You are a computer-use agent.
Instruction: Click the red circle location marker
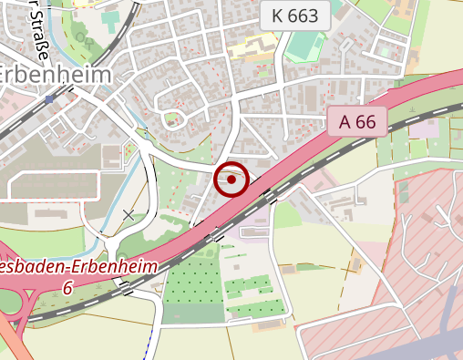point(231,180)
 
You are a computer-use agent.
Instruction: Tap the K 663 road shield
point(294,15)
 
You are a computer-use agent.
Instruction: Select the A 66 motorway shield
point(357,120)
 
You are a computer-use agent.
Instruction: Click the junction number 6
point(67,288)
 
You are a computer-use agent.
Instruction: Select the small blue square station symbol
point(49,98)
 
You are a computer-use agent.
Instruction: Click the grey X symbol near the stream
point(129,215)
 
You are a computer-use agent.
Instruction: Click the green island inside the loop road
point(170,118)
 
